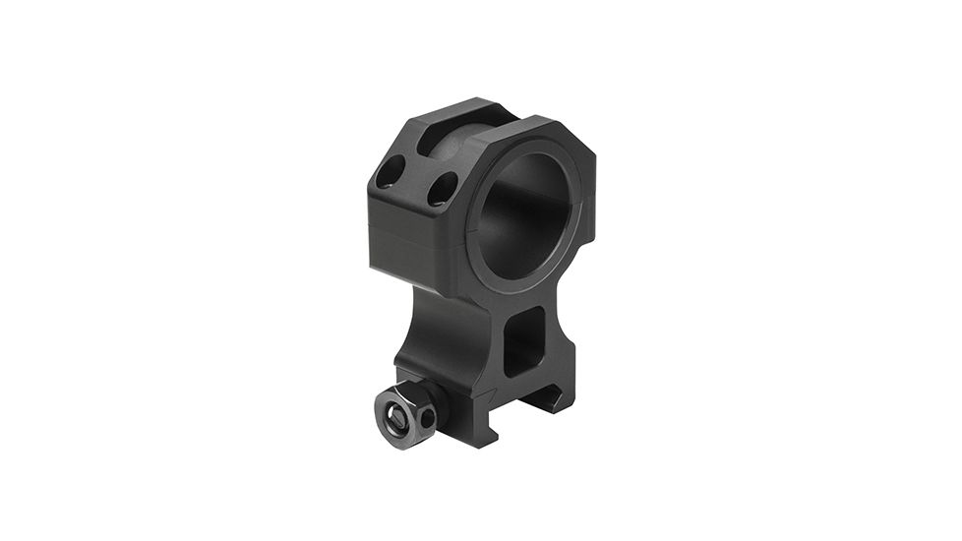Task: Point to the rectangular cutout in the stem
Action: click(523, 339)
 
